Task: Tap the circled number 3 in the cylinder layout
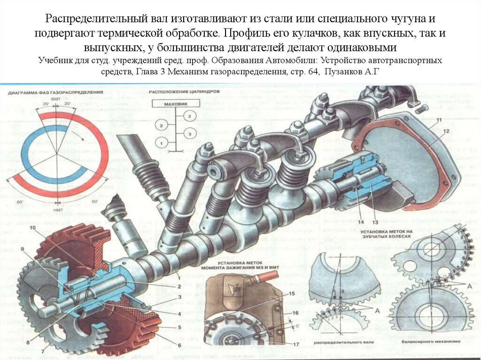pos(189,134)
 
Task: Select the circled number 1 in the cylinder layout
pos(161,142)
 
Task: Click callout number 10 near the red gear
pos(32,228)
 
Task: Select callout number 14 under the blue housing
pos(361,221)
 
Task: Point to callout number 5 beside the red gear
pos(179,327)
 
